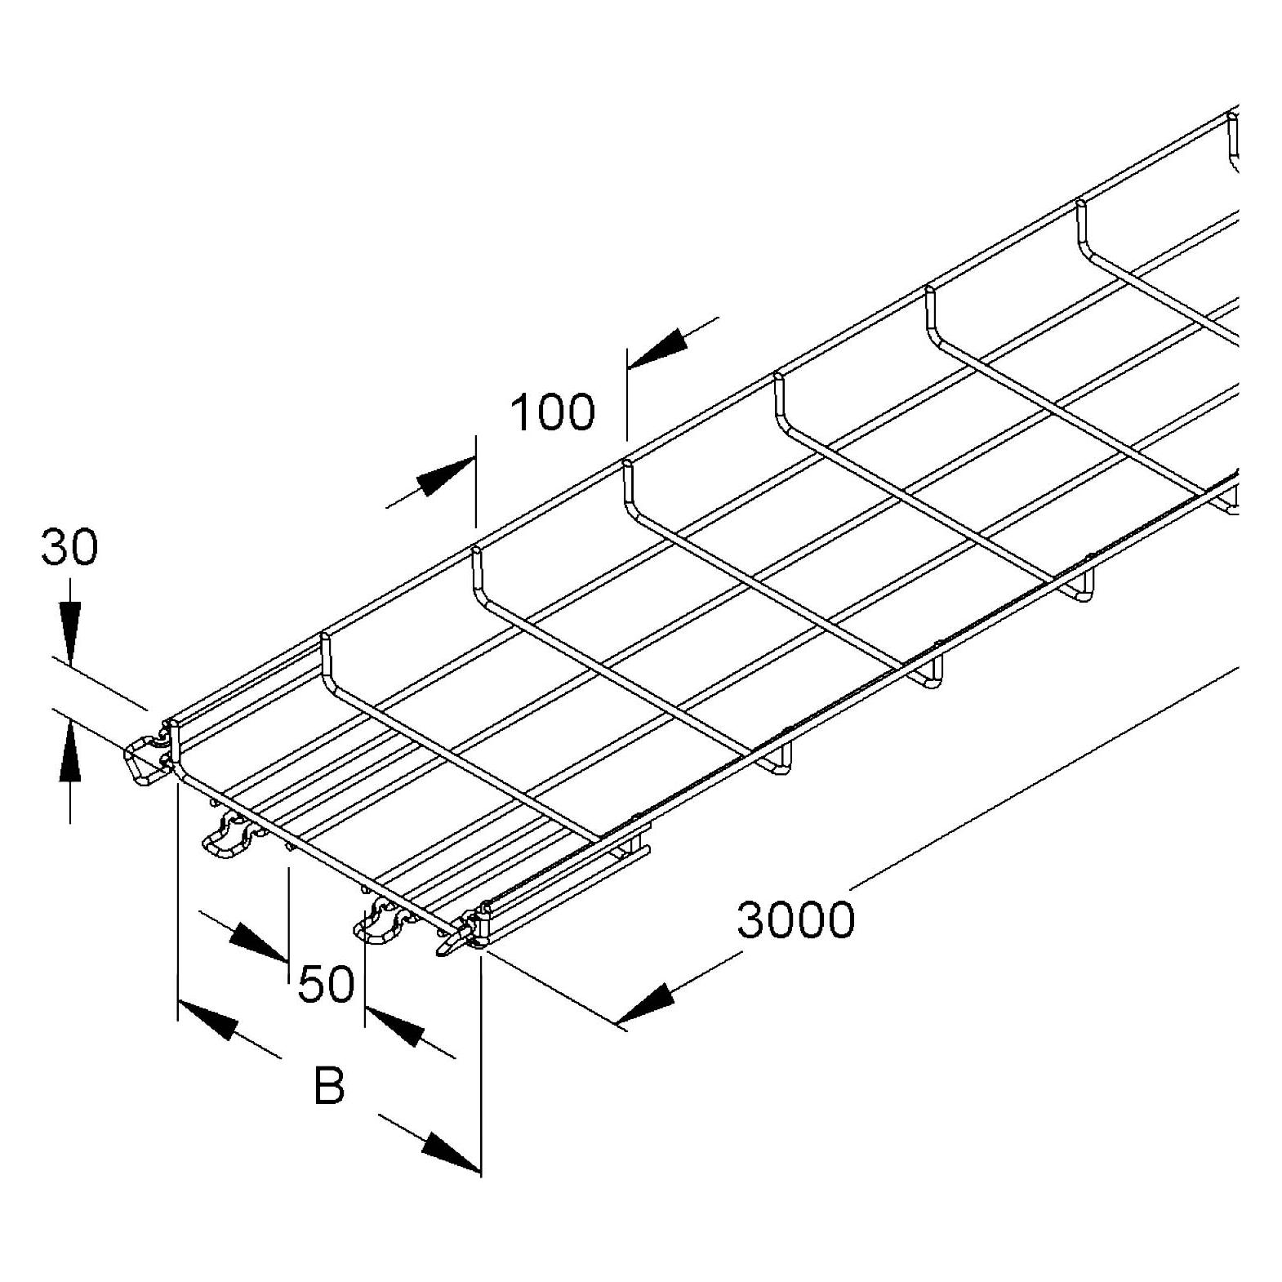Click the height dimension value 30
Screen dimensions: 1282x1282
click(69, 547)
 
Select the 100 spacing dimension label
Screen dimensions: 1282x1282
click(553, 412)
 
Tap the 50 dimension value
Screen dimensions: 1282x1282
click(326, 984)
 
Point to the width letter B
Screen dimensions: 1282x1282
click(329, 1086)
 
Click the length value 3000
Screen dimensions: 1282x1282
click(796, 919)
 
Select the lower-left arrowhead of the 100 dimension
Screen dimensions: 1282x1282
click(446, 477)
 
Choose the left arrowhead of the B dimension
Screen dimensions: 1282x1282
click(207, 1018)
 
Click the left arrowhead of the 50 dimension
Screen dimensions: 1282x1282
click(259, 942)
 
